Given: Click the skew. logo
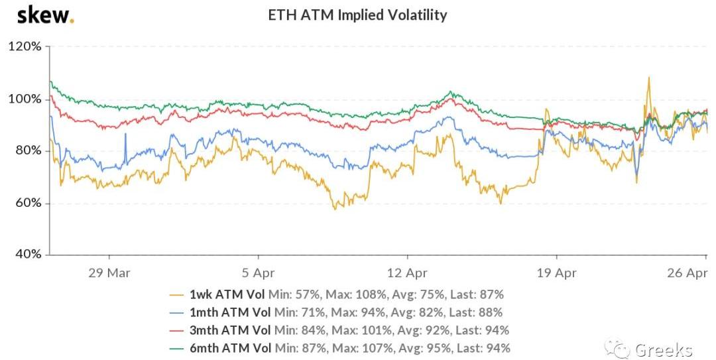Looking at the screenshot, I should click(x=45, y=15).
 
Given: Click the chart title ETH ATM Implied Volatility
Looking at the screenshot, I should click(x=357, y=15).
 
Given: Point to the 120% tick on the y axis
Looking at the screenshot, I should click(x=25, y=47).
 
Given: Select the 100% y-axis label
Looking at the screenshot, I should click(x=25, y=99).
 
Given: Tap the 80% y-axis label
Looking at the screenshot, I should click(x=27, y=151).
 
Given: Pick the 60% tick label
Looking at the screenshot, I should click(x=27, y=203).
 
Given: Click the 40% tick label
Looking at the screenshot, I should click(x=27, y=255).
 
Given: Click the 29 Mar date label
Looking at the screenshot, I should click(x=108, y=273).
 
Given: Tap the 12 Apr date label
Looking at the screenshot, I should click(x=406, y=273).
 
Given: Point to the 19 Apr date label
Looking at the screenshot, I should click(x=556, y=273).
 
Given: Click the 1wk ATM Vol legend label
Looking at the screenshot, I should click(x=227, y=294).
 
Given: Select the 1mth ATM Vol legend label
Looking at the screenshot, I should click(x=229, y=312).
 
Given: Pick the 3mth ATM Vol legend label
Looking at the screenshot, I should click(x=229, y=330).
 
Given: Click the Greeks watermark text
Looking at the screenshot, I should click(x=663, y=349).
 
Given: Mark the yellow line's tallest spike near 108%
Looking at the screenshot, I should click(x=648, y=78).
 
